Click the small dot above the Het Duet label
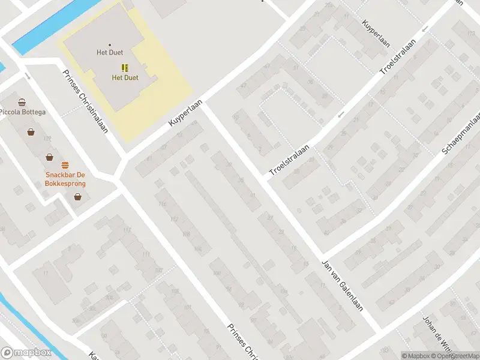[109, 44]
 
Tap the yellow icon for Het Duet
[125, 68]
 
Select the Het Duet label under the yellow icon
[125, 78]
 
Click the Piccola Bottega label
[22, 112]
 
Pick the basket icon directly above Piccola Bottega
[22, 102]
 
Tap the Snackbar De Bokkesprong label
[65, 179]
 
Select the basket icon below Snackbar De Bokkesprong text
[77, 196]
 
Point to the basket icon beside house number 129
[31, 132]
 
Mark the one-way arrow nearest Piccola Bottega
[28, 76]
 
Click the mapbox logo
[25, 353]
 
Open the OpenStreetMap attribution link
[453, 356]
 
